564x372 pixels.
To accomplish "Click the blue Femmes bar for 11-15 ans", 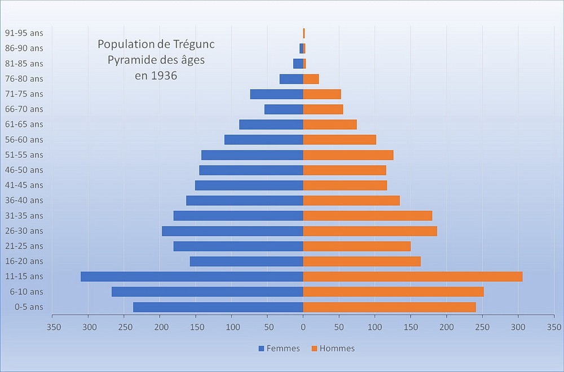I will point(192,276).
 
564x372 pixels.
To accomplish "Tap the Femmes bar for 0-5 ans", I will point(218,307).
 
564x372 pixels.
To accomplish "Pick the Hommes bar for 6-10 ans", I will point(393,291).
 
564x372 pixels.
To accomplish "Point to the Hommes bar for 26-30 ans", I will point(370,231).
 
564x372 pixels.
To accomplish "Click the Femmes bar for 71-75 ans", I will point(276,94).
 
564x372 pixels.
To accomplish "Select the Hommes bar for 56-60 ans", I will point(340,139).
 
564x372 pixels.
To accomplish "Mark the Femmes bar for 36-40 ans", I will point(245,200).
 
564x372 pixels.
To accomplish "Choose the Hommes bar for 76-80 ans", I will point(311,79).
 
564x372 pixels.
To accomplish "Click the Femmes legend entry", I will point(279,348).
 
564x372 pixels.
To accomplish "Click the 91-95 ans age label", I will point(24,33).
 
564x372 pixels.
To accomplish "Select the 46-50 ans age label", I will point(24,170).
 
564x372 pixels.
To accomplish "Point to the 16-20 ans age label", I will point(24,261).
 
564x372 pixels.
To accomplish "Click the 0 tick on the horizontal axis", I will point(303,326).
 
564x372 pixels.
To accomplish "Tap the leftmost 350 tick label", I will point(53,326).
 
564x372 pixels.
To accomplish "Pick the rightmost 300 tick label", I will point(518,326).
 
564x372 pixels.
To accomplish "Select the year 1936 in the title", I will point(164,75).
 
